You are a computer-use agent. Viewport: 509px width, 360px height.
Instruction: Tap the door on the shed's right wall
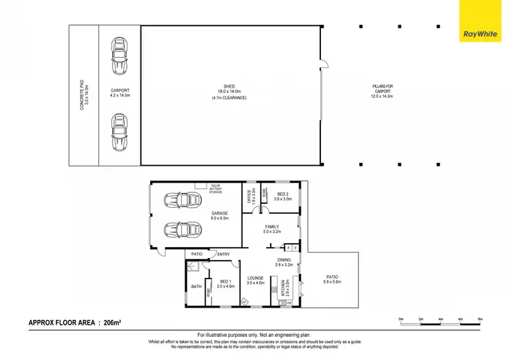[x=324, y=65]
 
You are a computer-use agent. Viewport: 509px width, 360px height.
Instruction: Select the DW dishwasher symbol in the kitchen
[x=288, y=303]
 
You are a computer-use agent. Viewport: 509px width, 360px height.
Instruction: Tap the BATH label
[x=196, y=287]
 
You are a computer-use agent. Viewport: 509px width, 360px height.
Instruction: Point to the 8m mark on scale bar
[x=480, y=319]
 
